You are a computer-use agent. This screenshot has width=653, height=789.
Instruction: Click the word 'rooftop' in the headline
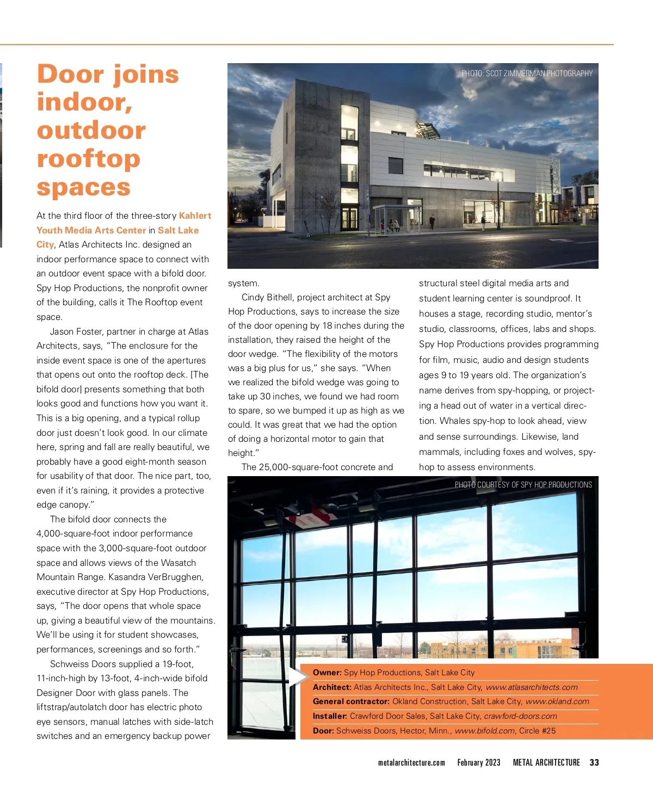88,158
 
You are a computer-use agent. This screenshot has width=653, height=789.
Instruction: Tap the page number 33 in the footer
594,762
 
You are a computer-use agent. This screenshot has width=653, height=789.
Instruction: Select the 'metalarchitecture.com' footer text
411,762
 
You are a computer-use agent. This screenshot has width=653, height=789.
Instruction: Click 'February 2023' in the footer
478,762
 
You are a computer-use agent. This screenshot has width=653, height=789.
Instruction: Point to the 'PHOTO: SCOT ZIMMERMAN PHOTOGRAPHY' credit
527,73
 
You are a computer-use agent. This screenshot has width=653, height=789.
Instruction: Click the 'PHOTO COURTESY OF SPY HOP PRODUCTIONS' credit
523,485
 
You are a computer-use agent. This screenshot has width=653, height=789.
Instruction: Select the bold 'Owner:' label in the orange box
327,673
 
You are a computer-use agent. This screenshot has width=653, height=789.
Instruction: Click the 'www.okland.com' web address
557,701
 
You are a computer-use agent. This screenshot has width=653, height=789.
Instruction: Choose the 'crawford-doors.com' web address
520,716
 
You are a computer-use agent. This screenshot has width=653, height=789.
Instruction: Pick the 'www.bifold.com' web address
484,731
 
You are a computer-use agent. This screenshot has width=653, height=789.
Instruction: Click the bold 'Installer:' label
330,716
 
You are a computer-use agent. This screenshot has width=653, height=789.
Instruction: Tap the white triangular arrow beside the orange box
296,677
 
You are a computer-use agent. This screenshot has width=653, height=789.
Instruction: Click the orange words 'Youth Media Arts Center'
91,230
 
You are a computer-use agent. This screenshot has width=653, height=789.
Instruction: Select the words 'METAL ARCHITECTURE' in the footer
546,762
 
